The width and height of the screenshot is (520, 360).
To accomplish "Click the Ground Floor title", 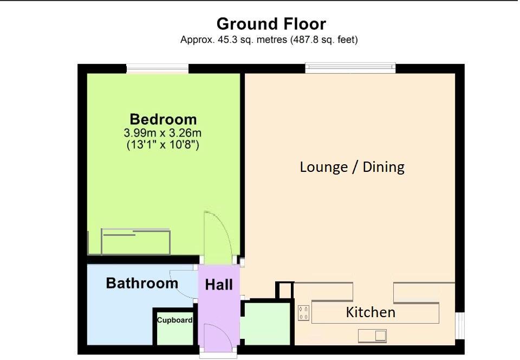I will (271, 24).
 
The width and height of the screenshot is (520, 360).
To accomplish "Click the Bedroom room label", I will (163, 119).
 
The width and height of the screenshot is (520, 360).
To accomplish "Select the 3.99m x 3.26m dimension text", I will (163, 133).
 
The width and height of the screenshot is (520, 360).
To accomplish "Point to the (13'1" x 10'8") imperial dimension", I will (163, 145).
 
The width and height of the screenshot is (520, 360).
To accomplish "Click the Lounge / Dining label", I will (352, 166).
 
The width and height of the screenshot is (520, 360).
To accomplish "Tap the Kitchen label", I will (370, 312).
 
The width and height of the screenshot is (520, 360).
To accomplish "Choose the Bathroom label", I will (142, 283).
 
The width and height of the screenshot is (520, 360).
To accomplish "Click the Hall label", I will (219, 285).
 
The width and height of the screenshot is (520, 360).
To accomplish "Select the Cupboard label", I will (174, 320).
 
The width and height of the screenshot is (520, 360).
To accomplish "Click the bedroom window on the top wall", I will (158, 69).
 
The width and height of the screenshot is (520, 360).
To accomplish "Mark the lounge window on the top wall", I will (350, 68).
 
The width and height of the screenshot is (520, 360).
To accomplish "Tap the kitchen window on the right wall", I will (459, 329).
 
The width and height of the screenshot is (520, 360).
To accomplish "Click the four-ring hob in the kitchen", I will (303, 313).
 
